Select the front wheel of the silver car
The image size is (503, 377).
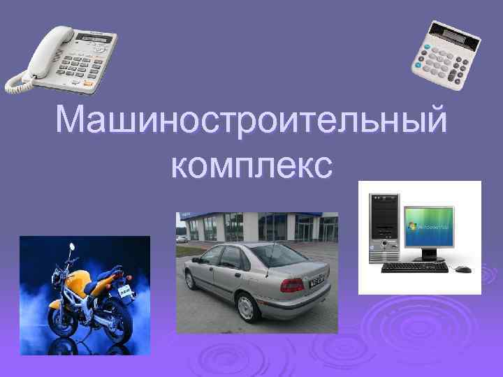click(x=190, y=279)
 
